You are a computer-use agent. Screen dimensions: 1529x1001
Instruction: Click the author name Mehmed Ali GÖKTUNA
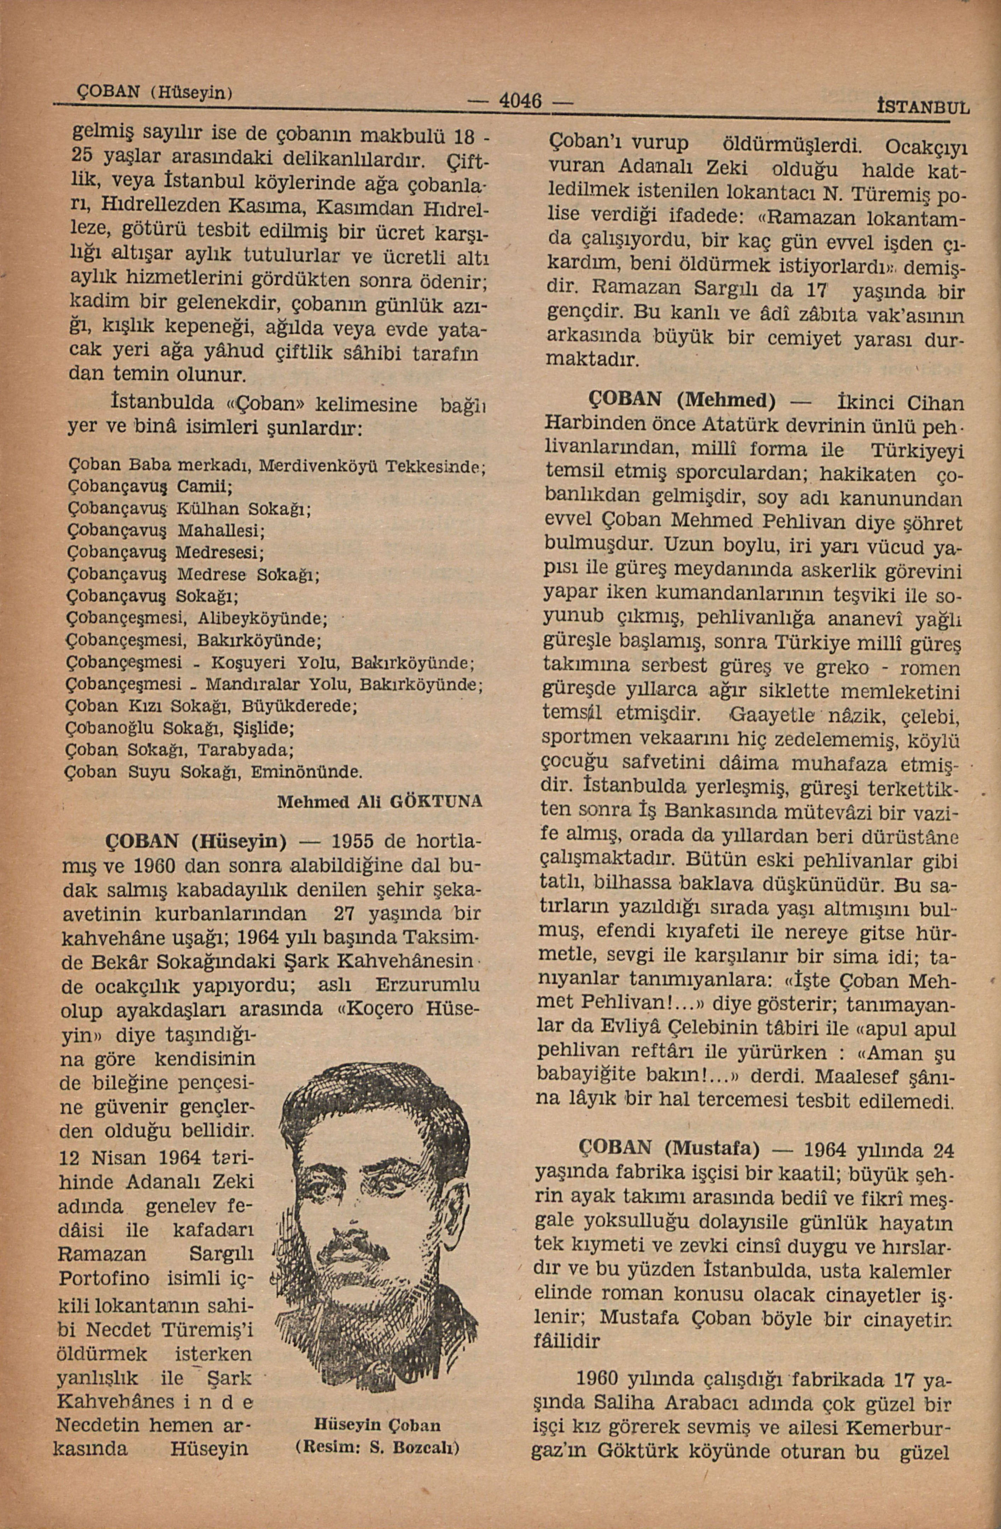coord(380,803)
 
